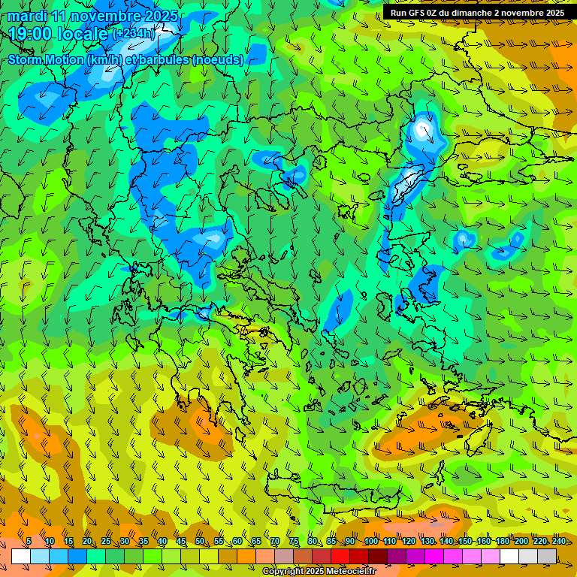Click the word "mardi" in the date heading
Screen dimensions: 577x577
28,17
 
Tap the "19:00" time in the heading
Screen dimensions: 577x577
29,34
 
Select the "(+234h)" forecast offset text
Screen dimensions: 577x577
134,33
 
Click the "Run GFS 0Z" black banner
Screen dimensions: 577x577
477,13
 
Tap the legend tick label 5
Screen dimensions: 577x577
29,542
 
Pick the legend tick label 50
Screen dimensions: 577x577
199,542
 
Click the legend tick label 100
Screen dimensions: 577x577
370,542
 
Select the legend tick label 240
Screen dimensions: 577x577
558,542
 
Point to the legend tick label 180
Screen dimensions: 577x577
501,542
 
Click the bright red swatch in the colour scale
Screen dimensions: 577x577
340,556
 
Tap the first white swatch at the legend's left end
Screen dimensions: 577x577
21,556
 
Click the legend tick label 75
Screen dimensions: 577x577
294,542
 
